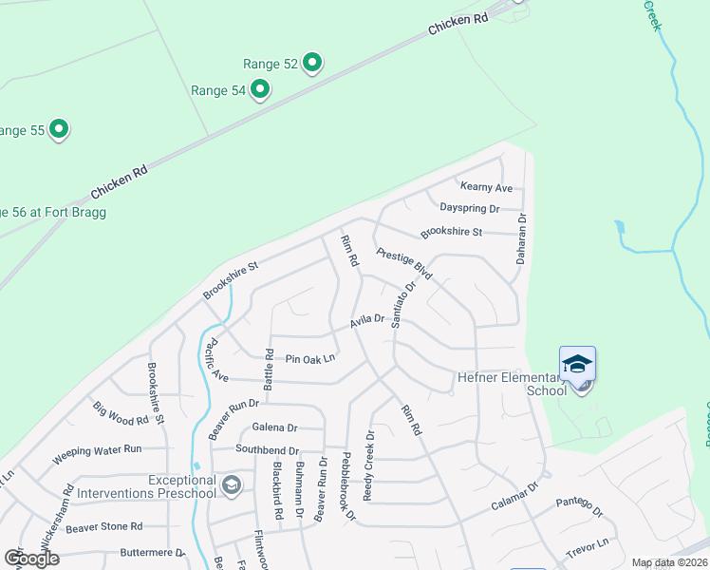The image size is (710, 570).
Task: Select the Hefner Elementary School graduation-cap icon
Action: [x=577, y=364]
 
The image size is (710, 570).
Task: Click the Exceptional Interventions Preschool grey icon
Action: [x=230, y=486]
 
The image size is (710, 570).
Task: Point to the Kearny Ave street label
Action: [x=486, y=187]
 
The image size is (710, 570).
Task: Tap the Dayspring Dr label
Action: [x=469, y=208]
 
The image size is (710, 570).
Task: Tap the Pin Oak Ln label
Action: [x=311, y=359]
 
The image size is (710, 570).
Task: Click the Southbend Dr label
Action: [x=267, y=449]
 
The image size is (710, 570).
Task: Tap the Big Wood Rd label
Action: [x=121, y=413]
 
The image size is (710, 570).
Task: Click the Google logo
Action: [x=31, y=559]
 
